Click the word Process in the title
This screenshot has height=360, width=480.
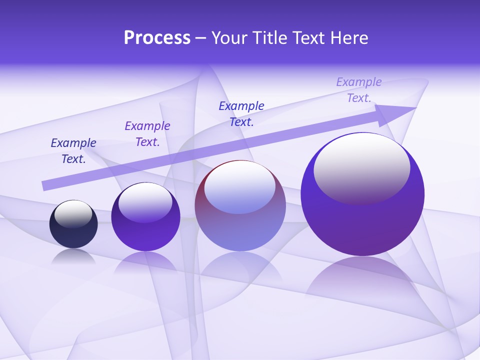[x=157, y=38]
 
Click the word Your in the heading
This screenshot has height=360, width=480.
[x=229, y=38]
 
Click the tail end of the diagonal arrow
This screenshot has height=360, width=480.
[x=46, y=185]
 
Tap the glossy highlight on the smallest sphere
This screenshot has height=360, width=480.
[x=73, y=214]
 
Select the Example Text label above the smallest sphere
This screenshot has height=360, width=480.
[x=73, y=151]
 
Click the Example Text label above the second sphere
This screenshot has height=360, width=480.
[x=147, y=134]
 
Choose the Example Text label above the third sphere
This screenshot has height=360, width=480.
[x=241, y=114]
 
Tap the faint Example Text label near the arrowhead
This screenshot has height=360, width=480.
[x=359, y=90]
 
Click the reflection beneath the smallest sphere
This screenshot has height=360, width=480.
[x=73, y=256]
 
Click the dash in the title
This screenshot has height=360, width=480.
[x=200, y=38]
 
